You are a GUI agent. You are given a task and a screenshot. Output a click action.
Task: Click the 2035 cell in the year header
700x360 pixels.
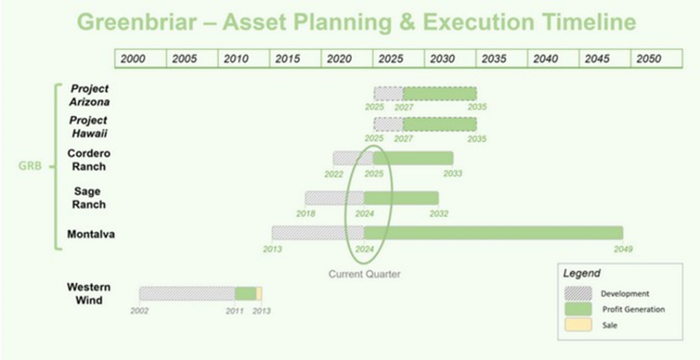pos(502,59)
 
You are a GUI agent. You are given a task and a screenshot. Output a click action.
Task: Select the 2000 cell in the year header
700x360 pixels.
pos(141,59)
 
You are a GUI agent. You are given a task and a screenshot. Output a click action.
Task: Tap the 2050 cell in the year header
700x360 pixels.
pos(657,59)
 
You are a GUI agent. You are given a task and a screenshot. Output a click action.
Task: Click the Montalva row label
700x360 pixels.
pos(91,234)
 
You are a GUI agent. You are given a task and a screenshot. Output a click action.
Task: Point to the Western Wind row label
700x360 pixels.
pos(90,293)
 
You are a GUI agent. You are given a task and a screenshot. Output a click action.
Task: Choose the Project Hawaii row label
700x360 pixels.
pos(89,127)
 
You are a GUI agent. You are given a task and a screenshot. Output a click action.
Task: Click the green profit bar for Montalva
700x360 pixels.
pos(493,233)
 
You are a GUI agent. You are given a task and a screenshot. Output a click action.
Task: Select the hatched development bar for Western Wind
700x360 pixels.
pos(187,293)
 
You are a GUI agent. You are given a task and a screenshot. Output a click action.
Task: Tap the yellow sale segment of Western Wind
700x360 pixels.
pos(259,293)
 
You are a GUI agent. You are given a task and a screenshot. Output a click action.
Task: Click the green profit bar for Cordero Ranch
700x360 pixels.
pos(414,158)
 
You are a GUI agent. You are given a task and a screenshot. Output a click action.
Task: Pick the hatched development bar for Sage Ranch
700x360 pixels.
pos(335,198)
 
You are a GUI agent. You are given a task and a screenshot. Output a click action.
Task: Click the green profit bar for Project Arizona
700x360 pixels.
pos(440,93)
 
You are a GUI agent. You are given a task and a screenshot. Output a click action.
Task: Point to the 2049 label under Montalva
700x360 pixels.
pos(623,249)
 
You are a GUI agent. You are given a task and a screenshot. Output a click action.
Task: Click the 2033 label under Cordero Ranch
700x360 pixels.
pos(452,173)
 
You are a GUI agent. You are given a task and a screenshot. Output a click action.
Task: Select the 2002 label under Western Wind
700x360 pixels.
pos(139,311)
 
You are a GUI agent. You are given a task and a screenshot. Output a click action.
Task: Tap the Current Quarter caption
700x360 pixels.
pos(364,274)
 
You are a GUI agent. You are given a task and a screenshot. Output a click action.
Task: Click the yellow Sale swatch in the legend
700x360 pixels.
pos(578,325)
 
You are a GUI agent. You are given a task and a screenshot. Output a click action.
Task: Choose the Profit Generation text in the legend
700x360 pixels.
pos(633,309)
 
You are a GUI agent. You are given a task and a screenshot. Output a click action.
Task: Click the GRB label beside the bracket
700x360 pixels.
pos(29,166)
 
